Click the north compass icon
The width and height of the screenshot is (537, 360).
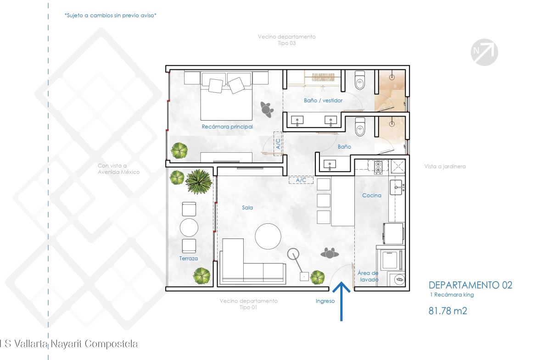[x=484, y=52]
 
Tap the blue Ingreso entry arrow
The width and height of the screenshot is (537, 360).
[x=341, y=301]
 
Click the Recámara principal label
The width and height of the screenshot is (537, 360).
[x=227, y=127]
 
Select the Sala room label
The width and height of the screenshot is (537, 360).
[x=247, y=207]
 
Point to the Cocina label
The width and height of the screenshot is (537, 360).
[x=372, y=195]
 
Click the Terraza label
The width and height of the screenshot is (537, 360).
[x=188, y=258]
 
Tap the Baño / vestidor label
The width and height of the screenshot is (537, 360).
[x=323, y=100]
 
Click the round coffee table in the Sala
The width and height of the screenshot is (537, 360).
[x=268, y=236]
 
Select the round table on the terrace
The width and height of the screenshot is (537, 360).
[x=189, y=227]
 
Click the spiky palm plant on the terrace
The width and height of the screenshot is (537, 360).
[x=199, y=181]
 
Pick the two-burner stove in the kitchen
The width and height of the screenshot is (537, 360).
[x=378, y=166]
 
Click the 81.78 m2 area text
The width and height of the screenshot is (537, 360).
[x=447, y=311]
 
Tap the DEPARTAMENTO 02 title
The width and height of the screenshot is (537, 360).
[x=470, y=285]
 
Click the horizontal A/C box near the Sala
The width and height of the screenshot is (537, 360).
[x=301, y=180]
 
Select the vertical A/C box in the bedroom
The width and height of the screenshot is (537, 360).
[x=278, y=144]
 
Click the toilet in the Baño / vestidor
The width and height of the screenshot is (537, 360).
[x=359, y=80]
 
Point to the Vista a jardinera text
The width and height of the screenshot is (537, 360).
[x=445, y=166]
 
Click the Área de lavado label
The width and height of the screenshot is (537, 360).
[x=368, y=276]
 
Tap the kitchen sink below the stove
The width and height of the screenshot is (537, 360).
[x=396, y=188]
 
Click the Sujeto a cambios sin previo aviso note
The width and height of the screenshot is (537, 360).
[x=110, y=16]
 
